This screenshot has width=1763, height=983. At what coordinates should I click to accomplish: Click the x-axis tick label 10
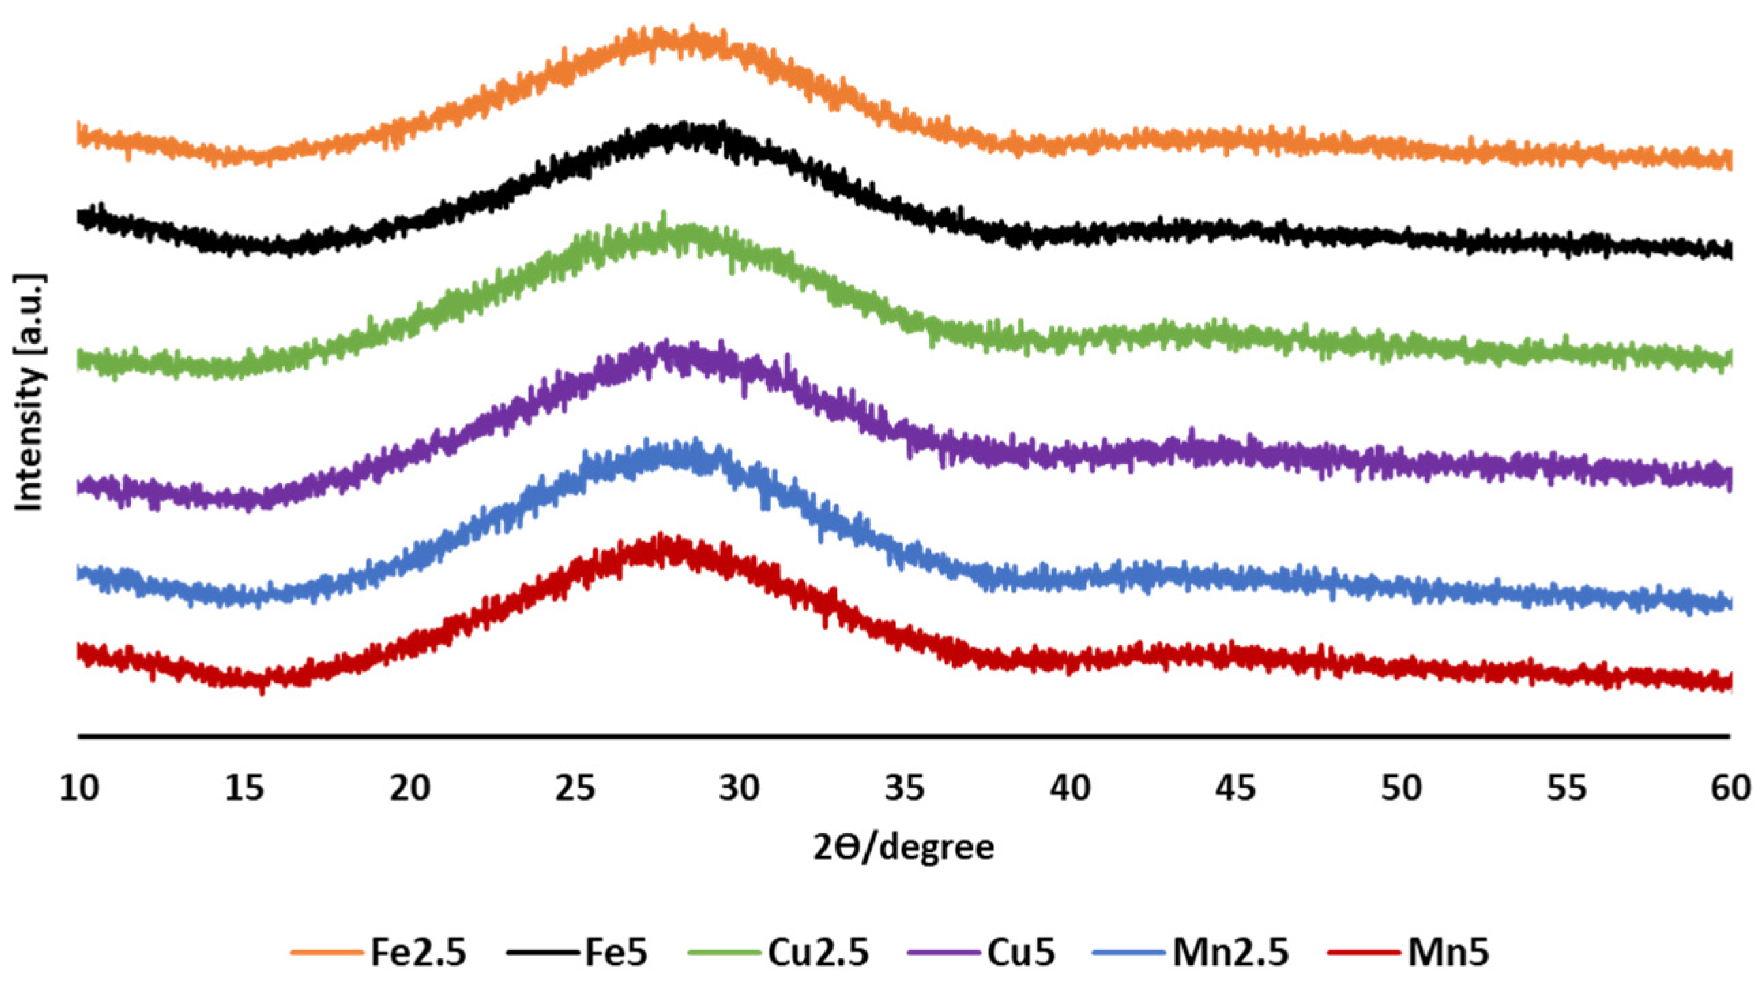pyautogui.click(x=80, y=789)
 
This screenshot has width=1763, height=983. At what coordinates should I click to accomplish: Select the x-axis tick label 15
pyautogui.click(x=245, y=789)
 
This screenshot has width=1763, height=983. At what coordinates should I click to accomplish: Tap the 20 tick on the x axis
pyautogui.click(x=410, y=789)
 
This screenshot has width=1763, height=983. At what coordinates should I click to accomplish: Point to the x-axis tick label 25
pyautogui.click(x=576, y=789)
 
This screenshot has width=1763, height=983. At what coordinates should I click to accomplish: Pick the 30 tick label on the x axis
pyautogui.click(x=740, y=789)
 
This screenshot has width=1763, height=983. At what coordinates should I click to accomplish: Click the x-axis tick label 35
pyautogui.click(x=905, y=789)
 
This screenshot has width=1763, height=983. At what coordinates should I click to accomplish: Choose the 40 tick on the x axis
pyautogui.click(x=1071, y=789)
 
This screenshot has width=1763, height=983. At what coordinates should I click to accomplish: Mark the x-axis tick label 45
pyautogui.click(x=1236, y=789)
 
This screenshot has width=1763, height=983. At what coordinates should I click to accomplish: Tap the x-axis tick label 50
pyautogui.click(x=1402, y=789)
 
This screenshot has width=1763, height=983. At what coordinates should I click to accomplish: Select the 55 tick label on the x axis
pyautogui.click(x=1566, y=789)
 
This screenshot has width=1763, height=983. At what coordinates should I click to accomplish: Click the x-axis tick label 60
pyautogui.click(x=1731, y=789)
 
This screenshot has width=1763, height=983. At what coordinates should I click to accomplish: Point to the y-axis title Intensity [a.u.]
pyautogui.click(x=29, y=393)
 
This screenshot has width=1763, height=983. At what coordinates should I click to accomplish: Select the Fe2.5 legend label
pyautogui.click(x=418, y=952)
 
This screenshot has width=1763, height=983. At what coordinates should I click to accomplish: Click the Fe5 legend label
pyautogui.click(x=616, y=952)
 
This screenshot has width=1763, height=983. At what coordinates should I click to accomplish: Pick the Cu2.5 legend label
pyautogui.click(x=818, y=952)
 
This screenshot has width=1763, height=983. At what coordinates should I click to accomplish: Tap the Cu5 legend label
pyautogui.click(x=1021, y=952)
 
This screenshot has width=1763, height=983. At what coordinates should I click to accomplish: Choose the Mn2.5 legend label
pyautogui.click(x=1231, y=952)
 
